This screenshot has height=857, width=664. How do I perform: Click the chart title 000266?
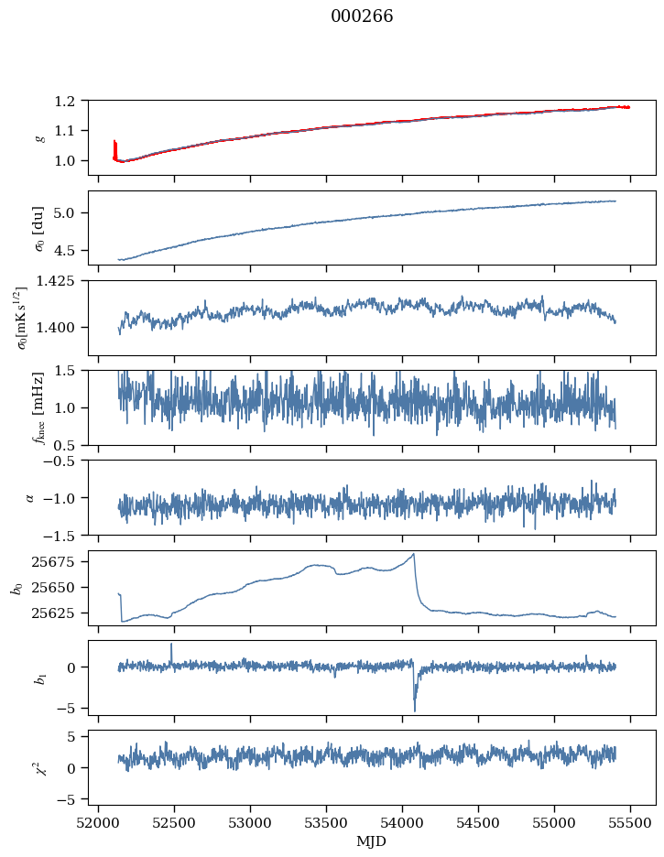(362, 16)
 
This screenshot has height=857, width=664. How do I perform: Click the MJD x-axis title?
(371, 841)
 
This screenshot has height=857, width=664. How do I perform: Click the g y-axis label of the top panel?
(39, 138)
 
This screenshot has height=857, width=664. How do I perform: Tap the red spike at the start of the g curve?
(114, 149)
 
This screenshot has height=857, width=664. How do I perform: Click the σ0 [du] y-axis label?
(38, 229)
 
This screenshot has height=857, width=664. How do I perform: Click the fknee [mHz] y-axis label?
(38, 407)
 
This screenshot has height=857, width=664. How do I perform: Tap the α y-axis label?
(30, 497)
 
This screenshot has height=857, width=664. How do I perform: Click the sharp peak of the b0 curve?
(414, 554)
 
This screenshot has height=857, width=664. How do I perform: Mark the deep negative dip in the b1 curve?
(415, 710)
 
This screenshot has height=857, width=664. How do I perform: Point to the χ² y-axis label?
(39, 767)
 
